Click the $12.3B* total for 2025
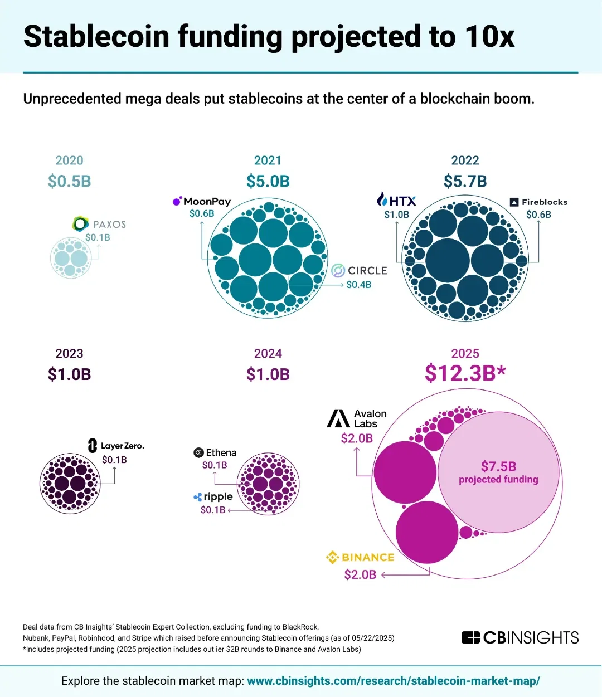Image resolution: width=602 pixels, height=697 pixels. click(x=465, y=373)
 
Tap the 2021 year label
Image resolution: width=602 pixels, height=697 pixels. click(x=268, y=160)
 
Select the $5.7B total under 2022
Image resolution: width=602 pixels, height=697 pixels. click(x=465, y=181)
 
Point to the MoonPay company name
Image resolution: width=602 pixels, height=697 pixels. click(x=207, y=202)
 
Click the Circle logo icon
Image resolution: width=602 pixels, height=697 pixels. click(x=338, y=271)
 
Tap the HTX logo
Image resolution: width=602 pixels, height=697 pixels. click(x=396, y=201)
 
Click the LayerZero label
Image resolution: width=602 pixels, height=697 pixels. click(x=116, y=446)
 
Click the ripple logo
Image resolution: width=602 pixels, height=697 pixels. click(x=213, y=496)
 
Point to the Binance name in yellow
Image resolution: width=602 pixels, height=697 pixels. click(x=368, y=557)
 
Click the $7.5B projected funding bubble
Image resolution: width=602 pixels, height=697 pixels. click(x=498, y=472)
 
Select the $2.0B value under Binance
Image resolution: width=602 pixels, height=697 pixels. click(x=360, y=574)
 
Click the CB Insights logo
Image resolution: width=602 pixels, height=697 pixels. click(x=520, y=637)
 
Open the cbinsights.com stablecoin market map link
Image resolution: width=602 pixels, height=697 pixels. click(x=393, y=681)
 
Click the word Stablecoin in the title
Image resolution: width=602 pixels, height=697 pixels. click(x=96, y=37)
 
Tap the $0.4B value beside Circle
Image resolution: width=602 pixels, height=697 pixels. click(x=358, y=285)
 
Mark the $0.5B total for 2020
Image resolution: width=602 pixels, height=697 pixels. click(x=69, y=181)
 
